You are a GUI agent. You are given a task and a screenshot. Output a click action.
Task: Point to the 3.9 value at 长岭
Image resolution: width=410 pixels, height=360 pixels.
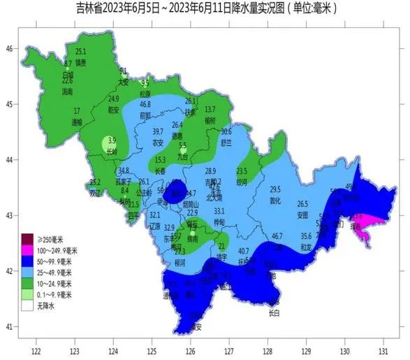point(112,141)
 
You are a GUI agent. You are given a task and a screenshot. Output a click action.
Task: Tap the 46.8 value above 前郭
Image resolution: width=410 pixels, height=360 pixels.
point(145,104)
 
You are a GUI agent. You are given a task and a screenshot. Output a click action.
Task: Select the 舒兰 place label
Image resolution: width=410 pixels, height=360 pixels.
point(226,141)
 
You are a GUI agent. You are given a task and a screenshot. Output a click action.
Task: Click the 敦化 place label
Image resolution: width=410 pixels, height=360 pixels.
point(274,200)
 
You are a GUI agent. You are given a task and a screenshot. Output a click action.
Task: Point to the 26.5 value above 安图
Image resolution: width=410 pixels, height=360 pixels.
point(302,204)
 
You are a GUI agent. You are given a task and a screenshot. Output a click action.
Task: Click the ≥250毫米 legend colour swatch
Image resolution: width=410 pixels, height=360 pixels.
point(27,236)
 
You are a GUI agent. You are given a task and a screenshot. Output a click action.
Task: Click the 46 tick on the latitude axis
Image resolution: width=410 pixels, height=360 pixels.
point(10,48)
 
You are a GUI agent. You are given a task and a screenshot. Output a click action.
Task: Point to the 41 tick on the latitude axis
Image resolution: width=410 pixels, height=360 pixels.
point(10,326)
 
